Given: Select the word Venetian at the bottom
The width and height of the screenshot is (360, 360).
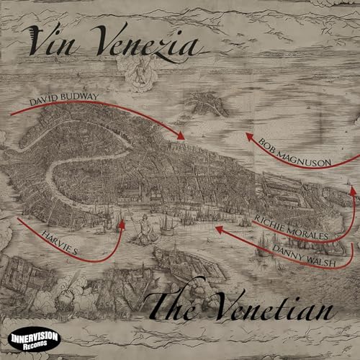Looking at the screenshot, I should pos(273,310).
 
